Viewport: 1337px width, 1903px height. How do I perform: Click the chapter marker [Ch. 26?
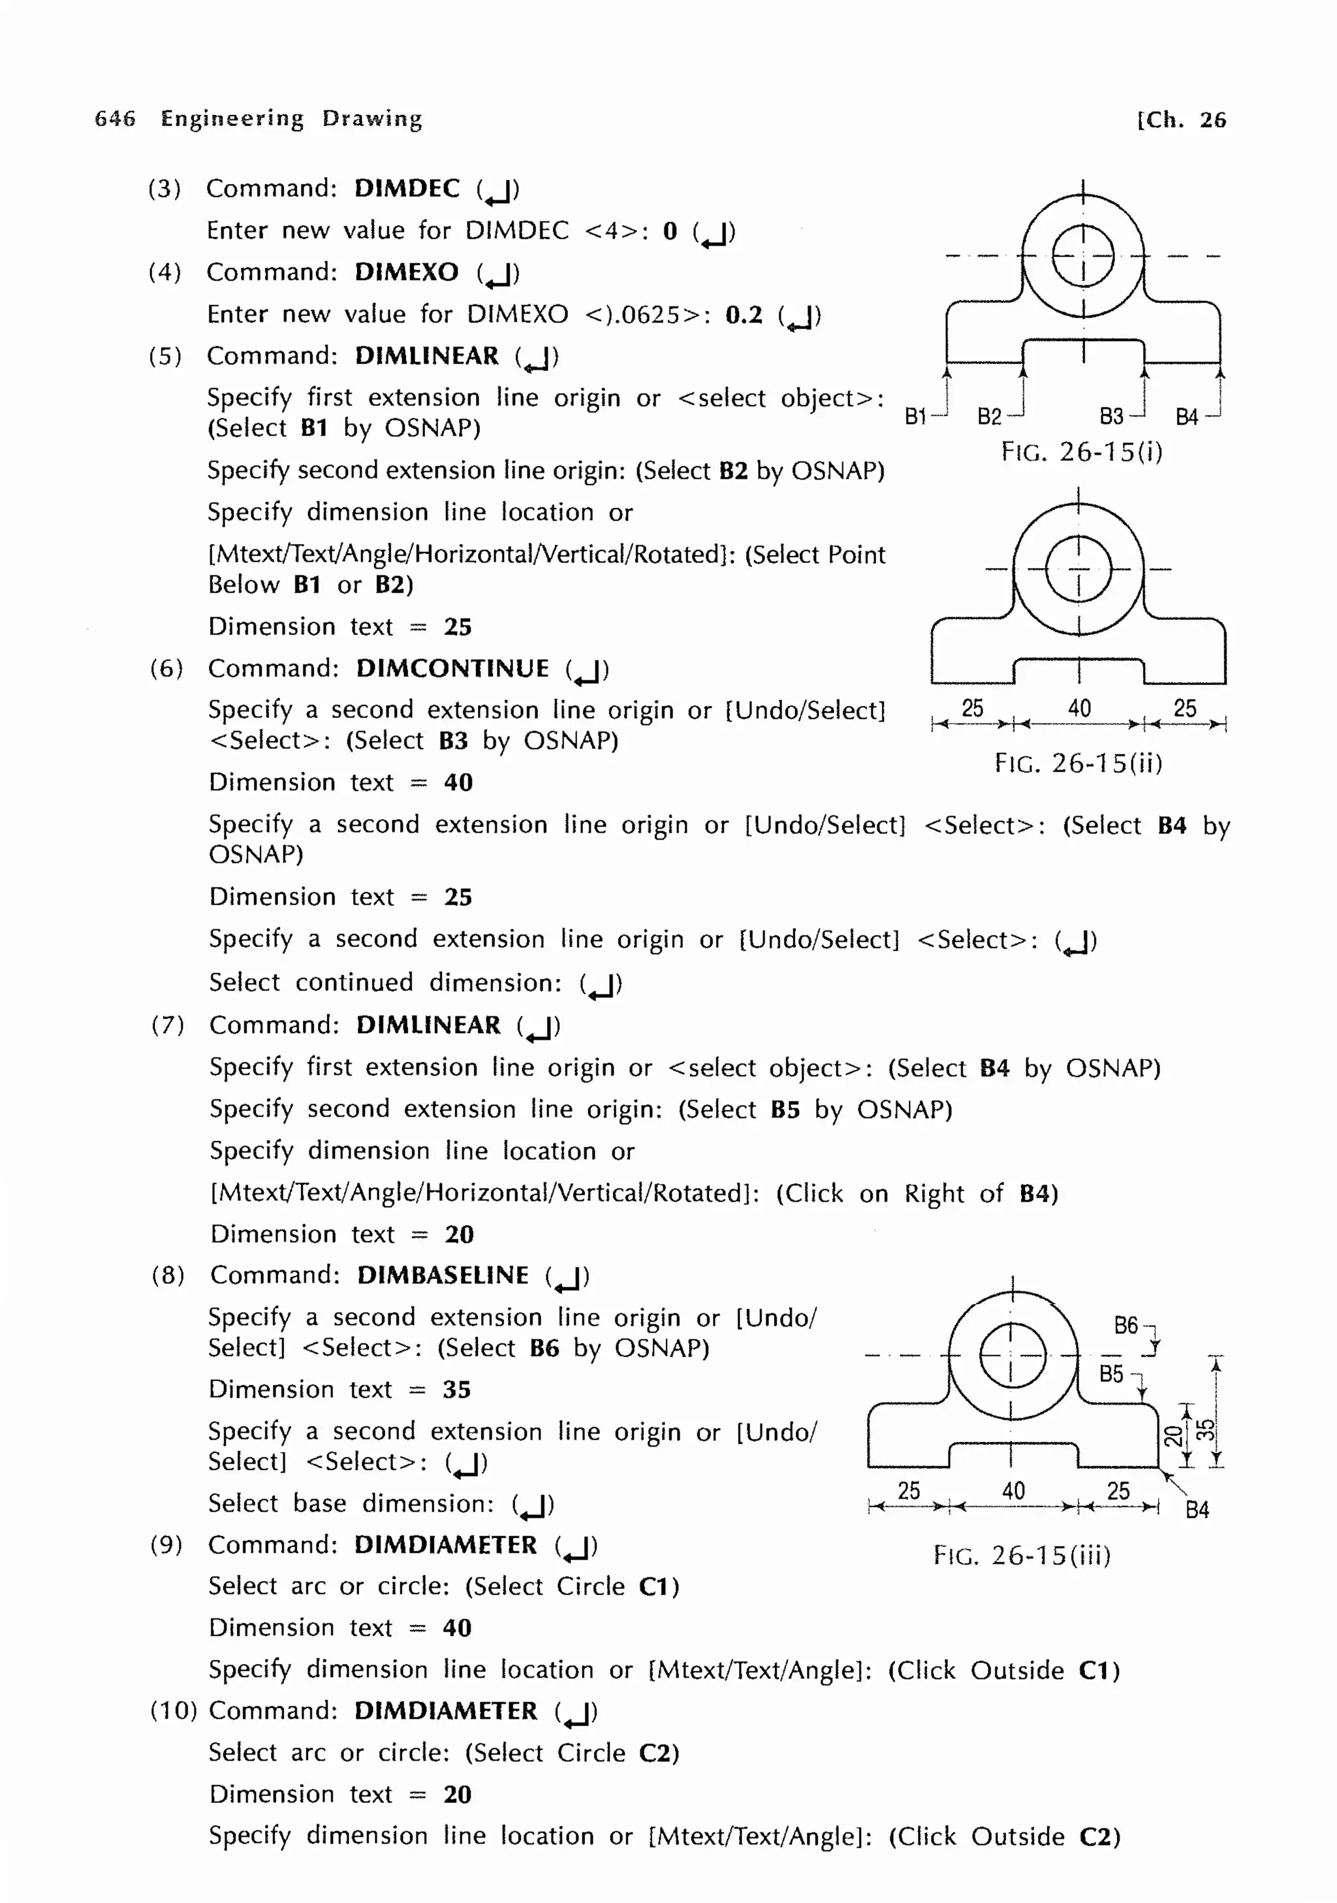coord(1181,120)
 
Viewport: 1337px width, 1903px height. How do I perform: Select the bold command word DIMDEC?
coord(407,189)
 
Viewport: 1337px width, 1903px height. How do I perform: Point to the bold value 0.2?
coord(743,315)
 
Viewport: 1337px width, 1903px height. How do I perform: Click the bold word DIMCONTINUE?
coord(452,669)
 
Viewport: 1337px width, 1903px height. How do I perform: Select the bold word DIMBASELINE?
coord(443,1275)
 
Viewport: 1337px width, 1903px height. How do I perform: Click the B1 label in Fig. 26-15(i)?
coord(915,416)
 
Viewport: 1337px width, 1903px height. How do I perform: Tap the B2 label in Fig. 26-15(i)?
coord(989,416)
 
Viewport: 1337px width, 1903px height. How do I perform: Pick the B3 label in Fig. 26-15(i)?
coord(1111,416)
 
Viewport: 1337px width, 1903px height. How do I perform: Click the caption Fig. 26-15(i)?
coord(1082,453)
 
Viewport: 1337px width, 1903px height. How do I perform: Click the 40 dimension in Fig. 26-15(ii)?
coord(1078,708)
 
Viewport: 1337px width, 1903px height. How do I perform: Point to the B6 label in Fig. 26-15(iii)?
coord(1125,1325)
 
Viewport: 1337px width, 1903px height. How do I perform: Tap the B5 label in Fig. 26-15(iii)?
coord(1111,1374)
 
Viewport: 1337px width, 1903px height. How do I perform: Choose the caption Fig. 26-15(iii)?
coord(1022,1555)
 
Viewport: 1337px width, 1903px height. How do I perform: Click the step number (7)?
coord(167,1025)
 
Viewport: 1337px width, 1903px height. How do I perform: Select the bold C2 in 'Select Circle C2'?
coord(658,1753)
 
